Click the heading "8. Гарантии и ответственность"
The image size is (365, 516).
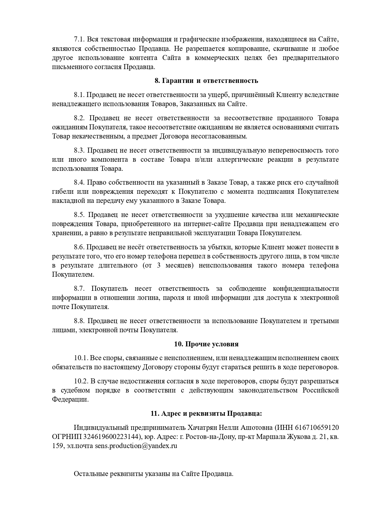pos(206,81)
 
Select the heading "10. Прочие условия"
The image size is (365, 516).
pos(206,344)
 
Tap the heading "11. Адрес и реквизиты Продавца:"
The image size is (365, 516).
pos(206,413)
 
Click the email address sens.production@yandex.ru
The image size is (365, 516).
pos(136,446)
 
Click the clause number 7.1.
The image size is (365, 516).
pos(79,39)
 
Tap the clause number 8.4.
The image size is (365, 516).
pos(79,182)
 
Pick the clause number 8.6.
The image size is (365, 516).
pos(79,247)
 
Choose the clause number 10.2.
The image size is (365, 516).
pos(81,381)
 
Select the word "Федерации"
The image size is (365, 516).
pos(70,400)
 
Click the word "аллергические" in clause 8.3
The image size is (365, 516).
pos(240,160)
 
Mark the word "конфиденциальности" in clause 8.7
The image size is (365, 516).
pos(306,288)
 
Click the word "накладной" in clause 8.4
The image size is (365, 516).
pos(66,201)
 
